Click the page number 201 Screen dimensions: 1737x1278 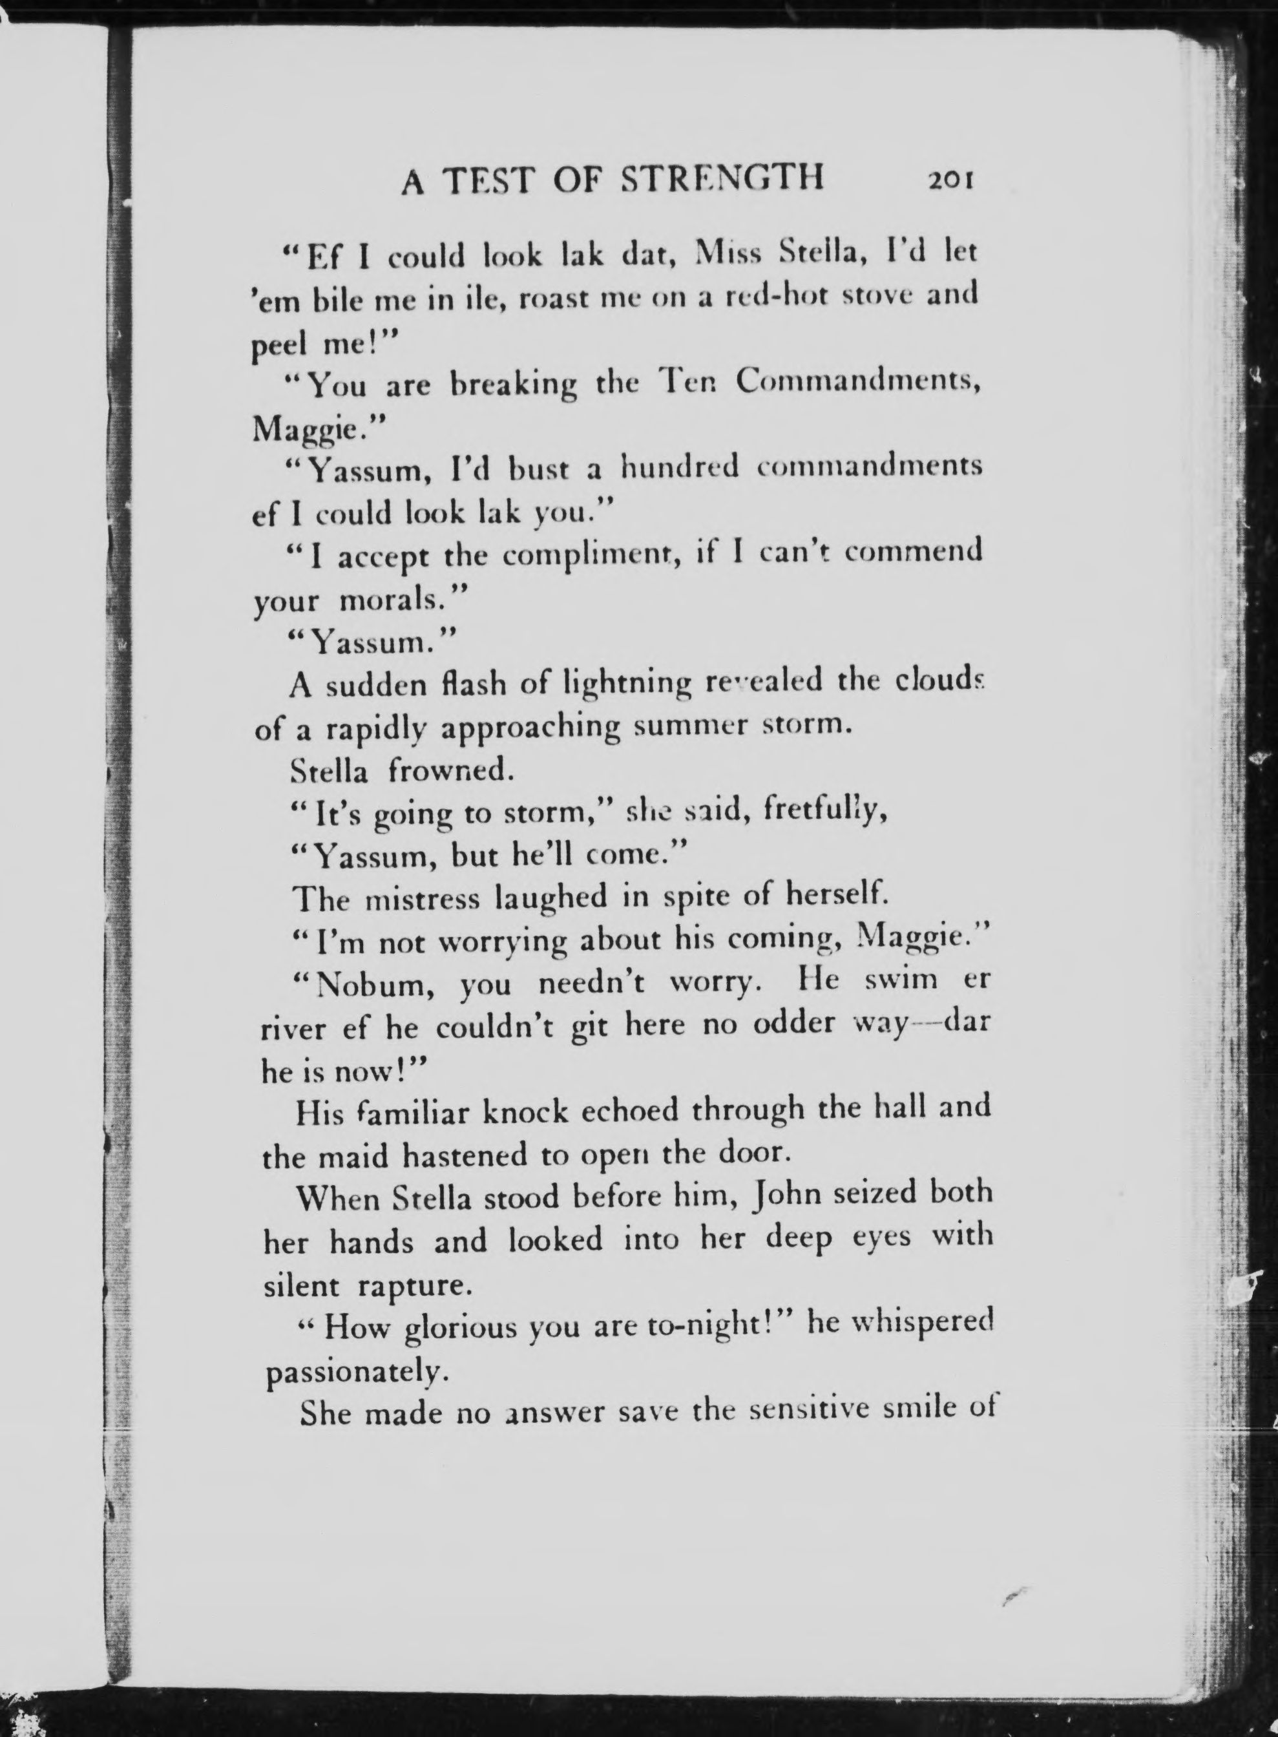(949, 180)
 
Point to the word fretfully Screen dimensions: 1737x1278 (824, 811)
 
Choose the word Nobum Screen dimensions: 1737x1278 (365, 984)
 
